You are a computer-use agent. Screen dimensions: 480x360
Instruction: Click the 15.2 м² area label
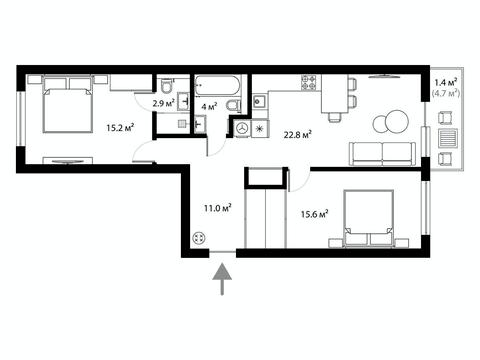120,127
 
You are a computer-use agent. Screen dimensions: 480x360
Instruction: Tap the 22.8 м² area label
298,135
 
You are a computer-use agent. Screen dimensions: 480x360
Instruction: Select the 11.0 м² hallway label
218,208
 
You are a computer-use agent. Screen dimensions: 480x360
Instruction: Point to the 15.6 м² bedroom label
315,213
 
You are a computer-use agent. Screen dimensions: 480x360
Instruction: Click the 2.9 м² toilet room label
164,103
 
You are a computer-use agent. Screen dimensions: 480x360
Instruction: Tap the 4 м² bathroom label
210,107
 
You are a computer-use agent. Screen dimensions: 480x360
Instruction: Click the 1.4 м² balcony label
446,82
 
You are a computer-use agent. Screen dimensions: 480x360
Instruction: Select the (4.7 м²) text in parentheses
446,93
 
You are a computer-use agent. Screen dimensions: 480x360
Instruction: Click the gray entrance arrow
222,279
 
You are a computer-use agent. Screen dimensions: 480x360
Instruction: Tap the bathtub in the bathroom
217,86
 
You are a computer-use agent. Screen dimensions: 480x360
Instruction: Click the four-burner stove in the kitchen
309,82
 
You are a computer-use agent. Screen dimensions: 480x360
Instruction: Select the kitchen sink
259,101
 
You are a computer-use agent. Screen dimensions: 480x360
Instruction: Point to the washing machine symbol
242,128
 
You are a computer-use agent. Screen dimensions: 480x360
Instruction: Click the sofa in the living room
382,154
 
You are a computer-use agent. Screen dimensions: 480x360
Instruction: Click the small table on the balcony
447,138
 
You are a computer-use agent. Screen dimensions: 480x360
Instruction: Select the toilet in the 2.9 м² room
166,86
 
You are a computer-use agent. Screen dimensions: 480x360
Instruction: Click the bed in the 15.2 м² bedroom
68,105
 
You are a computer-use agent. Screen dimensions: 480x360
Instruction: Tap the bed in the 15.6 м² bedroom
368,219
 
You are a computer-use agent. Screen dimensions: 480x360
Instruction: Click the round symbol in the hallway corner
199,238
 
